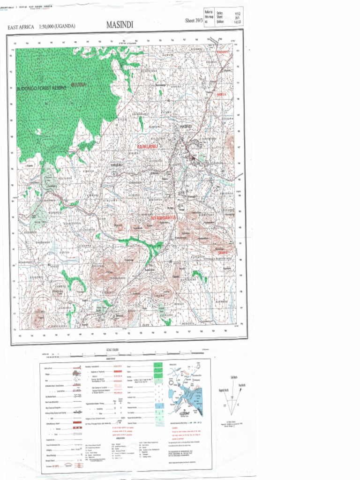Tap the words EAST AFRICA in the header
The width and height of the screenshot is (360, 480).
coord(21,27)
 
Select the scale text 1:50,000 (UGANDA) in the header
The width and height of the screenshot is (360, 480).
coord(57,27)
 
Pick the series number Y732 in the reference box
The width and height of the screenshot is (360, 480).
coord(230,14)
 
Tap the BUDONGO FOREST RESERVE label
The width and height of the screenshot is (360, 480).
coord(42,88)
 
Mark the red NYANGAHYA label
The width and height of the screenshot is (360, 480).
coord(164,218)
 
